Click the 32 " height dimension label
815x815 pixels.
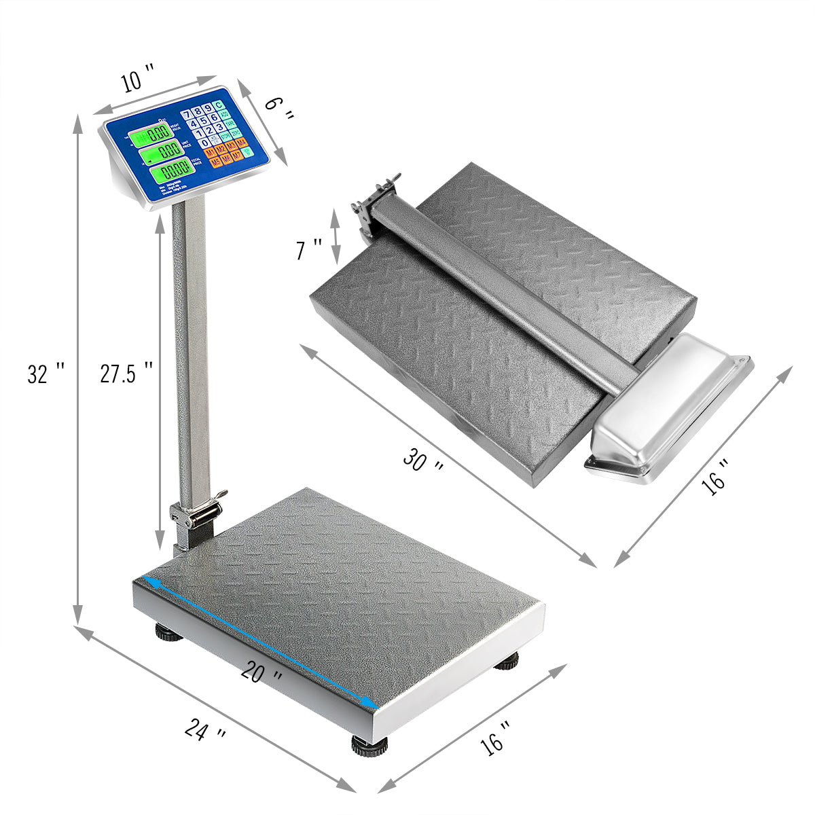pyautogui.click(x=46, y=373)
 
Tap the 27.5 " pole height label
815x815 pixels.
pyautogui.click(x=126, y=373)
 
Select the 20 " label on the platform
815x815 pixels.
pyautogui.click(x=262, y=672)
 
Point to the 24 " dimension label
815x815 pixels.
pyautogui.click(x=205, y=732)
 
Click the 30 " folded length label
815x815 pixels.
pyautogui.click(x=424, y=460)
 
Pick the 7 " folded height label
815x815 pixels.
pyautogui.click(x=308, y=249)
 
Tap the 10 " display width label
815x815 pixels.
pyautogui.click(x=138, y=80)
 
